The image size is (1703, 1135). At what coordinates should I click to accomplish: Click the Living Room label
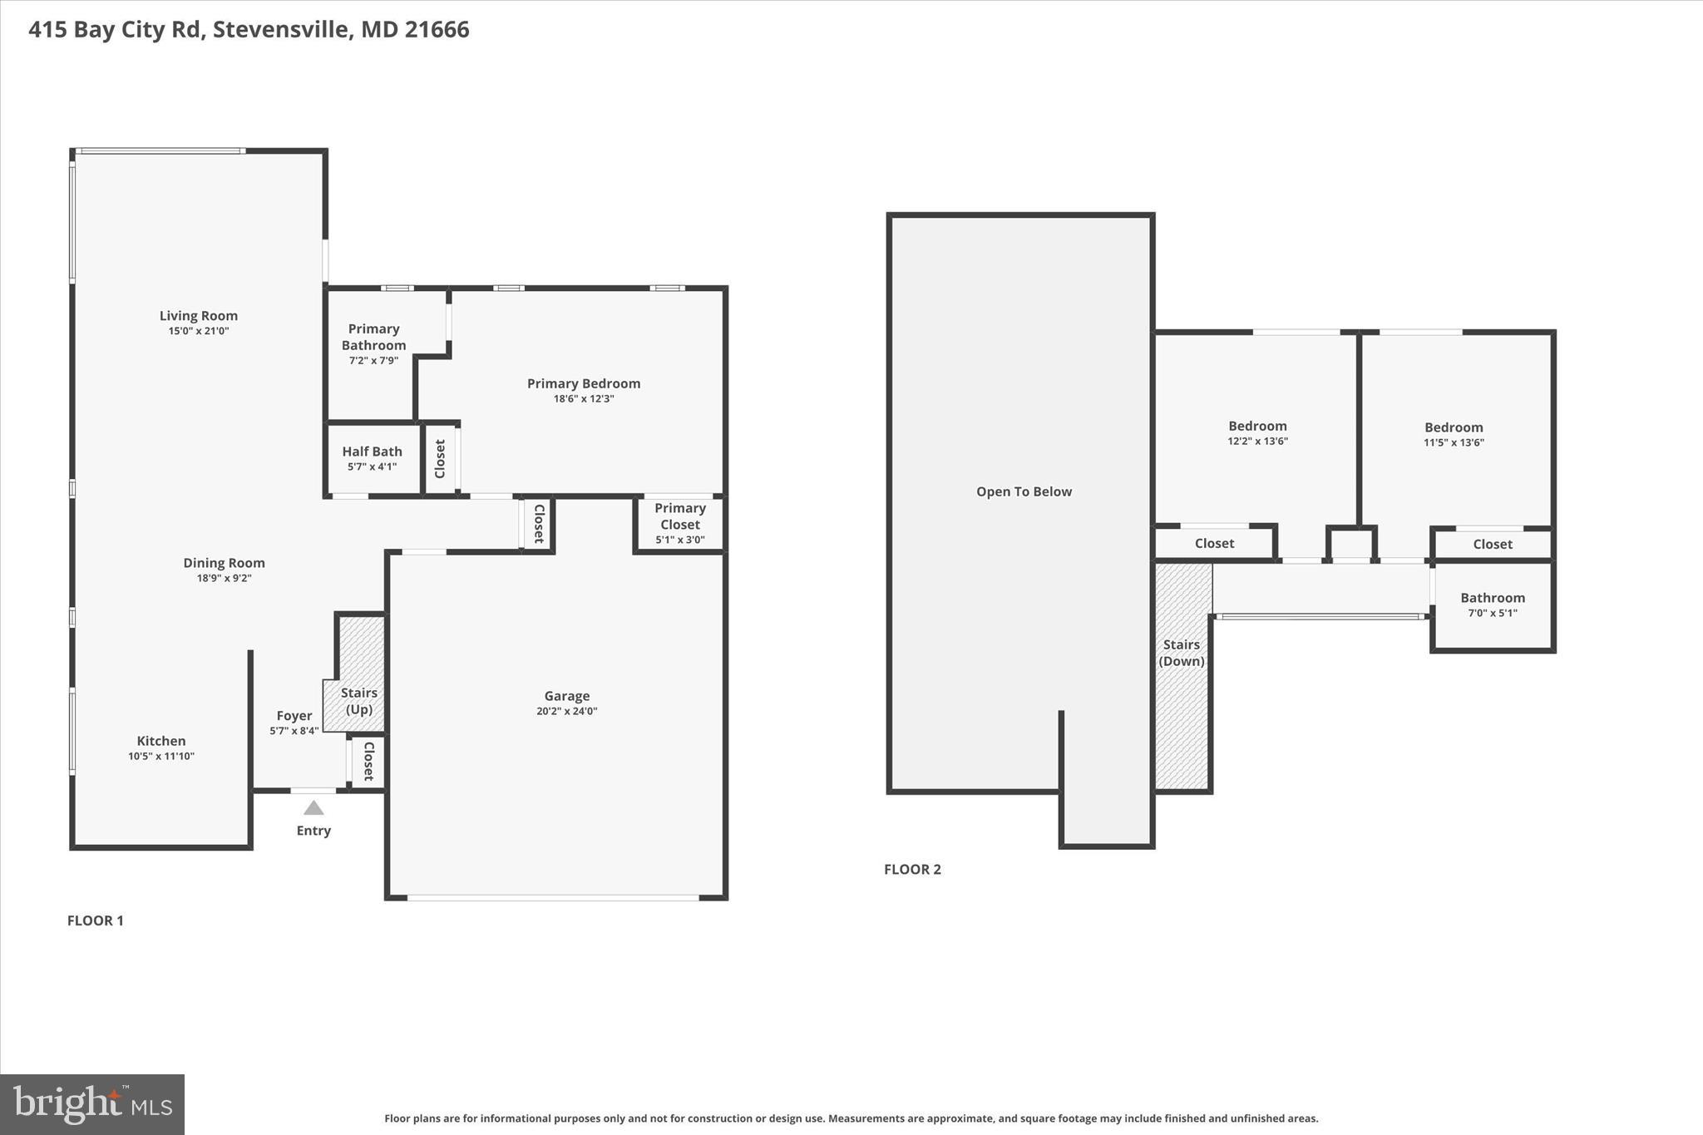[198, 316]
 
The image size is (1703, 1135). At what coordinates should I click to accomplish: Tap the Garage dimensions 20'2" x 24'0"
[566, 712]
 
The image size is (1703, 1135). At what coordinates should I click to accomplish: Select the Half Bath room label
[372, 452]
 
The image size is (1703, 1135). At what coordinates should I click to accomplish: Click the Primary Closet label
[679, 516]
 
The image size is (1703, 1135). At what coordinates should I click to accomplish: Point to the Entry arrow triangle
[313, 808]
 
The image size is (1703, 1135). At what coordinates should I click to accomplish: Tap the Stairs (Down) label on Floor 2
[1181, 653]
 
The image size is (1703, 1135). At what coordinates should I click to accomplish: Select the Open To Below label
[1024, 491]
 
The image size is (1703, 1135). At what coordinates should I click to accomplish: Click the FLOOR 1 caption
[95, 920]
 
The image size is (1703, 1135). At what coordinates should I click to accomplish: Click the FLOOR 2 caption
[912, 870]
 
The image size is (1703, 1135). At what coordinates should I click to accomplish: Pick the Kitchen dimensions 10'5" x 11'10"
[161, 757]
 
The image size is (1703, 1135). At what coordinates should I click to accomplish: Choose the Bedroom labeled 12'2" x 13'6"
[1257, 427]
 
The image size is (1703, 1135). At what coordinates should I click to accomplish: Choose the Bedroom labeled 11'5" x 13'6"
[1454, 428]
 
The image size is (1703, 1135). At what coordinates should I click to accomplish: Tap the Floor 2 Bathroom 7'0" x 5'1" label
[1493, 599]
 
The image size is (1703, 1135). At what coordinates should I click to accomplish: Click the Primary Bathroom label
[373, 338]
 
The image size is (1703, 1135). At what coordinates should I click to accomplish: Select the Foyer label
[294, 716]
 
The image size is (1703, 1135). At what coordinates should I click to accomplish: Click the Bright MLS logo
[92, 1104]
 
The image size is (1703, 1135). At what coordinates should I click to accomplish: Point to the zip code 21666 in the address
[437, 30]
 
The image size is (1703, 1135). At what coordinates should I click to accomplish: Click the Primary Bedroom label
[584, 384]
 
